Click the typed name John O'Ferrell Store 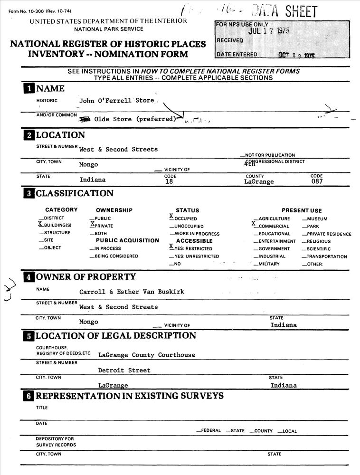coord(117,101)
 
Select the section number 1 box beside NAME coord(29,89)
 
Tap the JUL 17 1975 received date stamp coord(269,31)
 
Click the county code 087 coord(317,181)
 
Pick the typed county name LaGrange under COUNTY coord(259,181)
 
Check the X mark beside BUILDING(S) coord(40,224)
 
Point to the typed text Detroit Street coord(124,370)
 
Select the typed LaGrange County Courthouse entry coord(146,355)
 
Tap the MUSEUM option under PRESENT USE coord(317,219)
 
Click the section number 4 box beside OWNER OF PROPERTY coord(29,277)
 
